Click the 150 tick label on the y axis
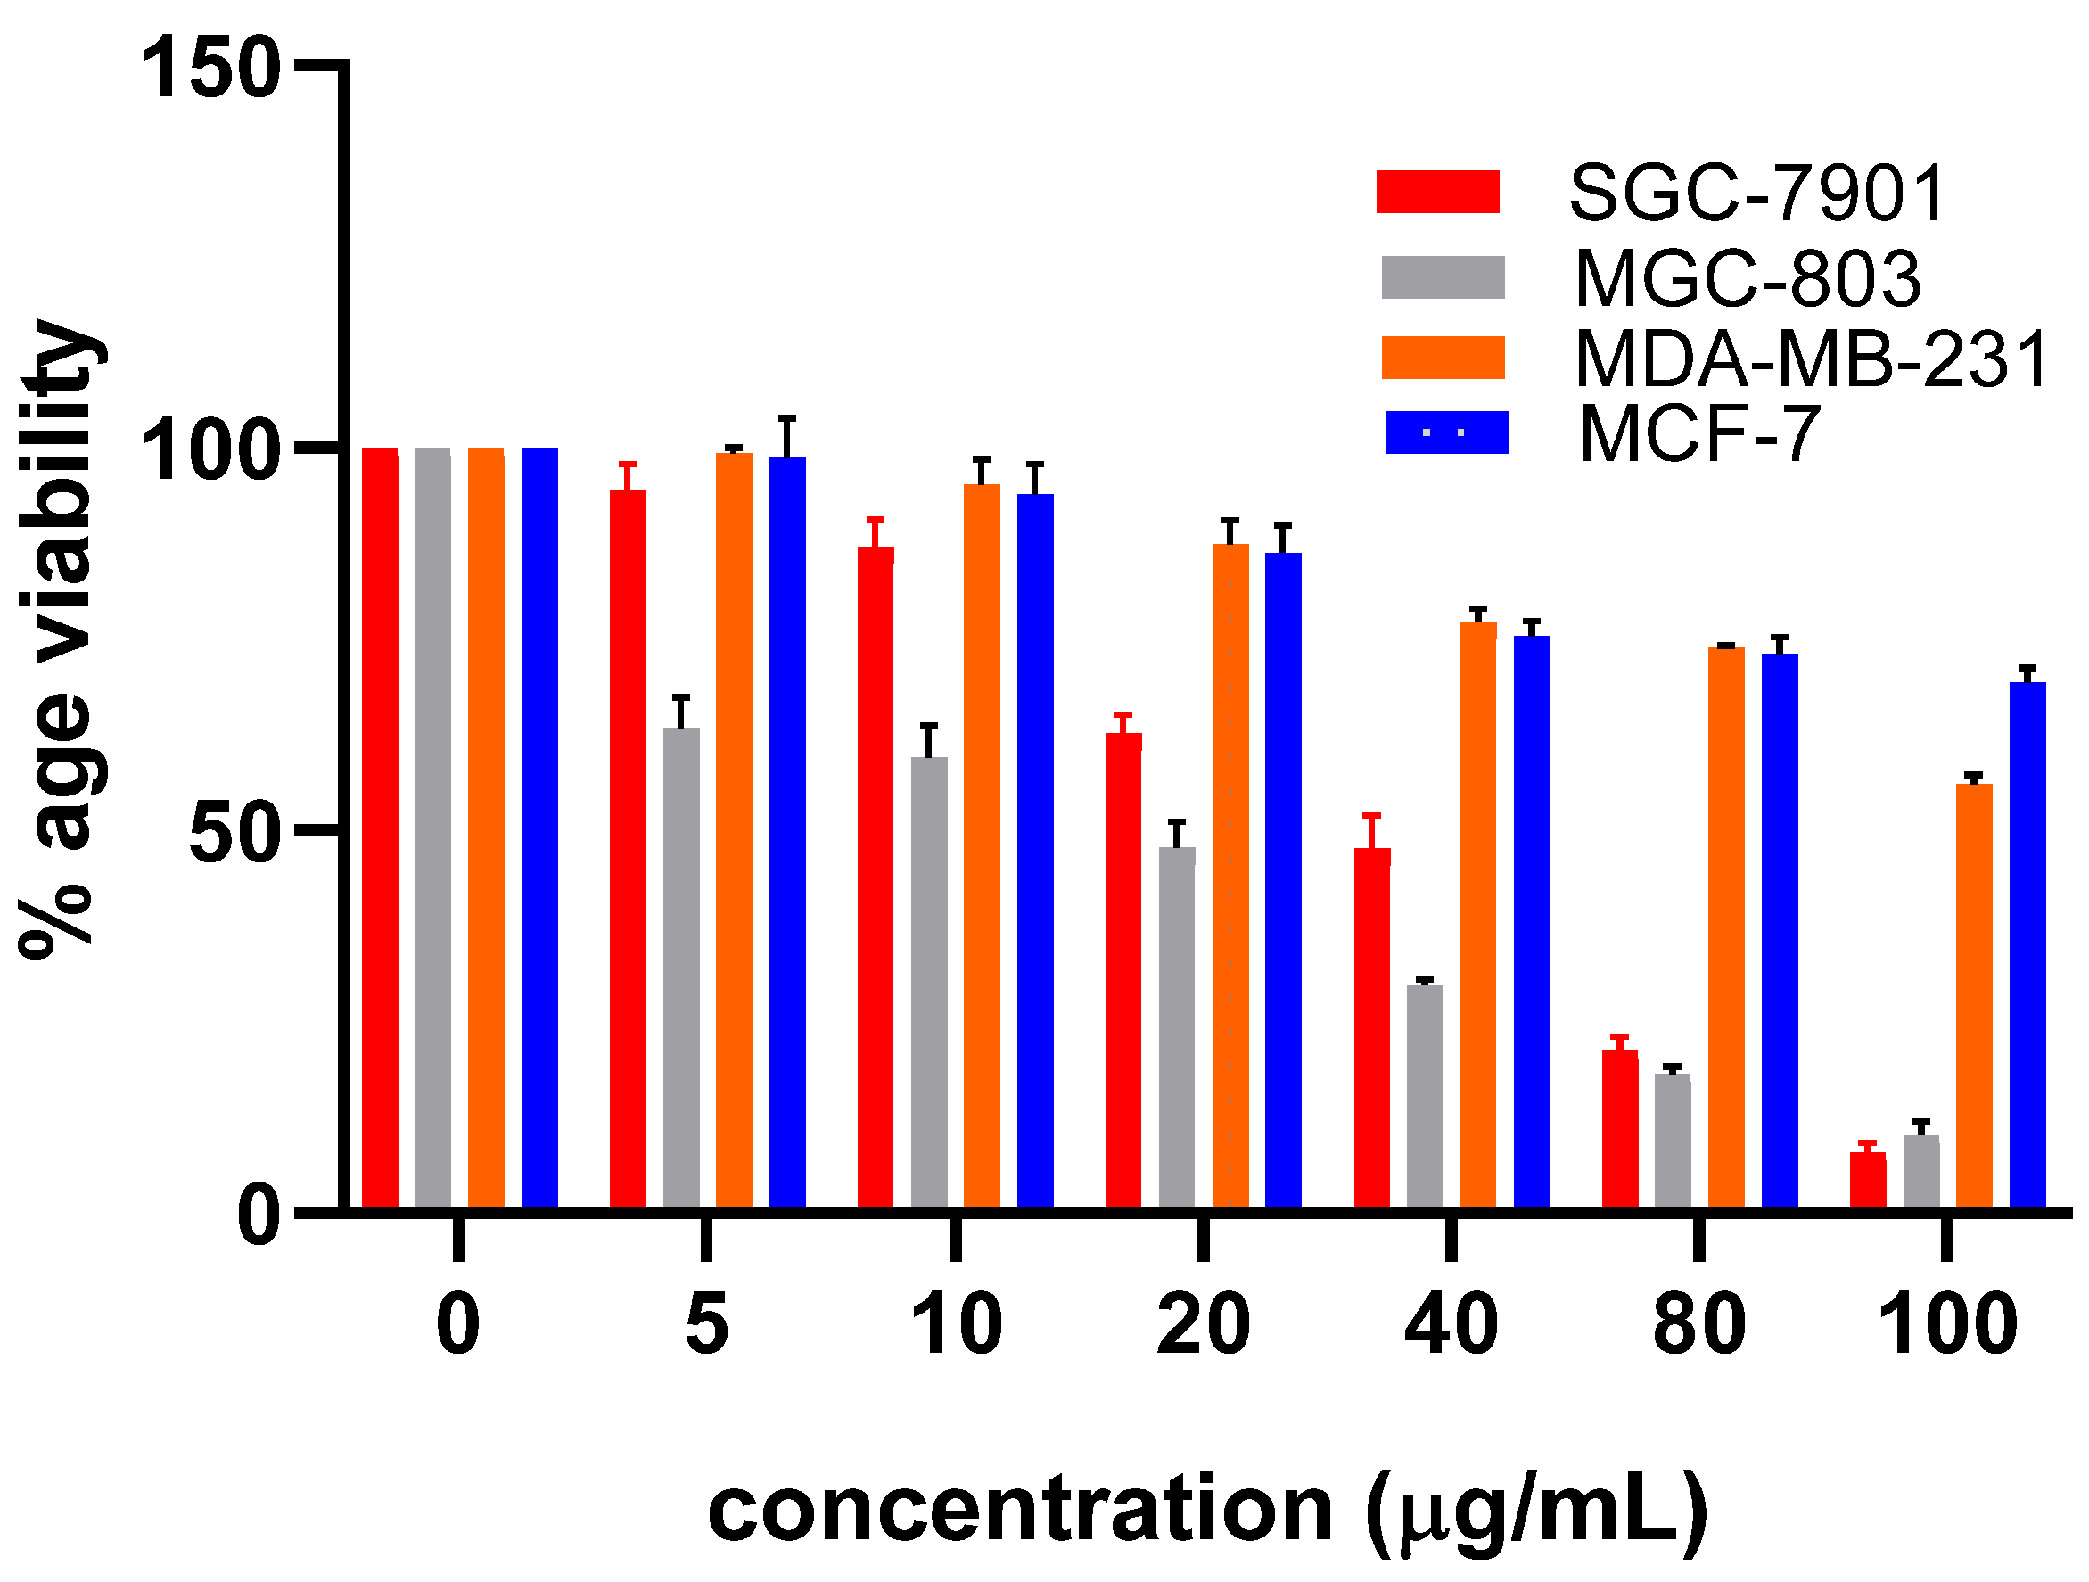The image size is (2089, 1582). pyautogui.click(x=210, y=67)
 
